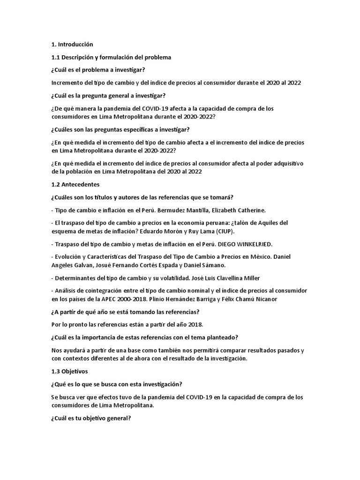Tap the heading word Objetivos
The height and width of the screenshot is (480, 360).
tap(73, 371)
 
